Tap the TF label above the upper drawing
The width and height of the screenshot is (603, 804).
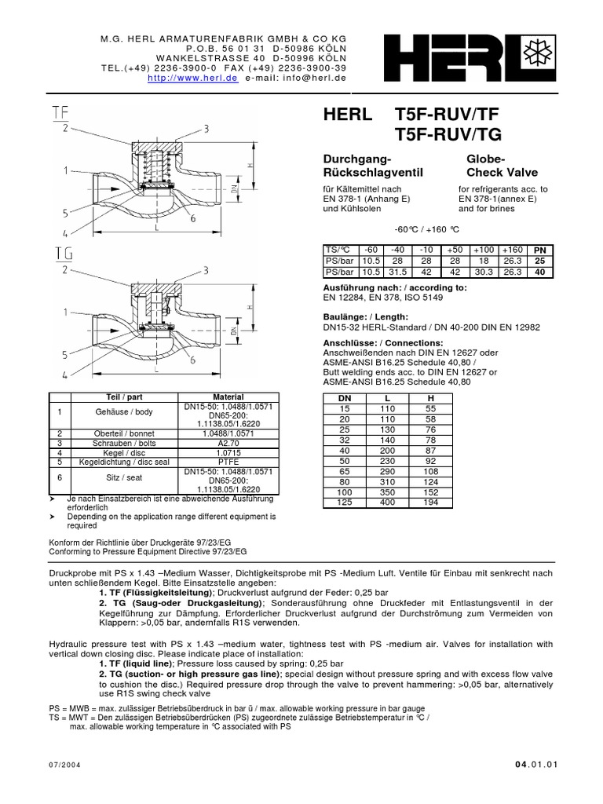click(x=60, y=112)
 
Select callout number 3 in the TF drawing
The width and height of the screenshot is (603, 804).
click(x=205, y=129)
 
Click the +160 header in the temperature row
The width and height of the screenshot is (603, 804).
click(x=513, y=250)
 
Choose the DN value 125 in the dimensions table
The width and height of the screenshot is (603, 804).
click(x=342, y=502)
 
